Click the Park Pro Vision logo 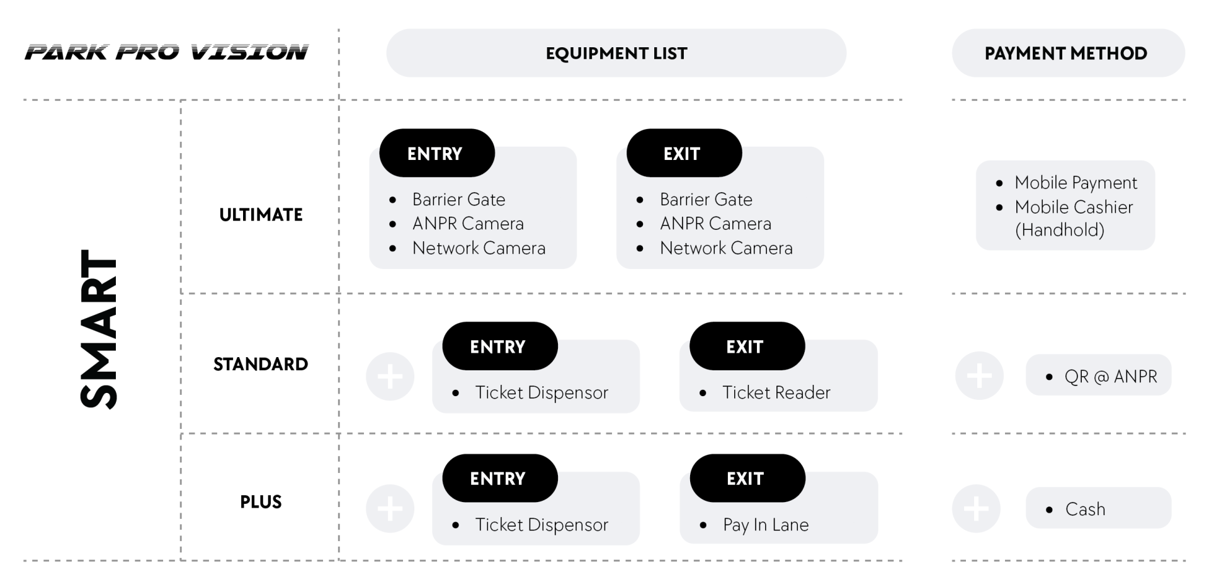[167, 52]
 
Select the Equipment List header [616, 53]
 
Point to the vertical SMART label [99, 329]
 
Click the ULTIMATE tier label [261, 215]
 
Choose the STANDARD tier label [261, 364]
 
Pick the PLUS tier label [261, 502]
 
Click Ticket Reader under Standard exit [776, 392]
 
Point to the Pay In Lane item [766, 525]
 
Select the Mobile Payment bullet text [1076, 183]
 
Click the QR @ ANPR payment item [1111, 377]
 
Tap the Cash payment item [1085, 509]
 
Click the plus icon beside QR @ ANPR [979, 376]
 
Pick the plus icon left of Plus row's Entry [390, 508]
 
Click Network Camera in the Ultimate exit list [726, 248]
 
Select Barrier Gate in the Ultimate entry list [458, 200]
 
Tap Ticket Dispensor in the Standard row [542, 392]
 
